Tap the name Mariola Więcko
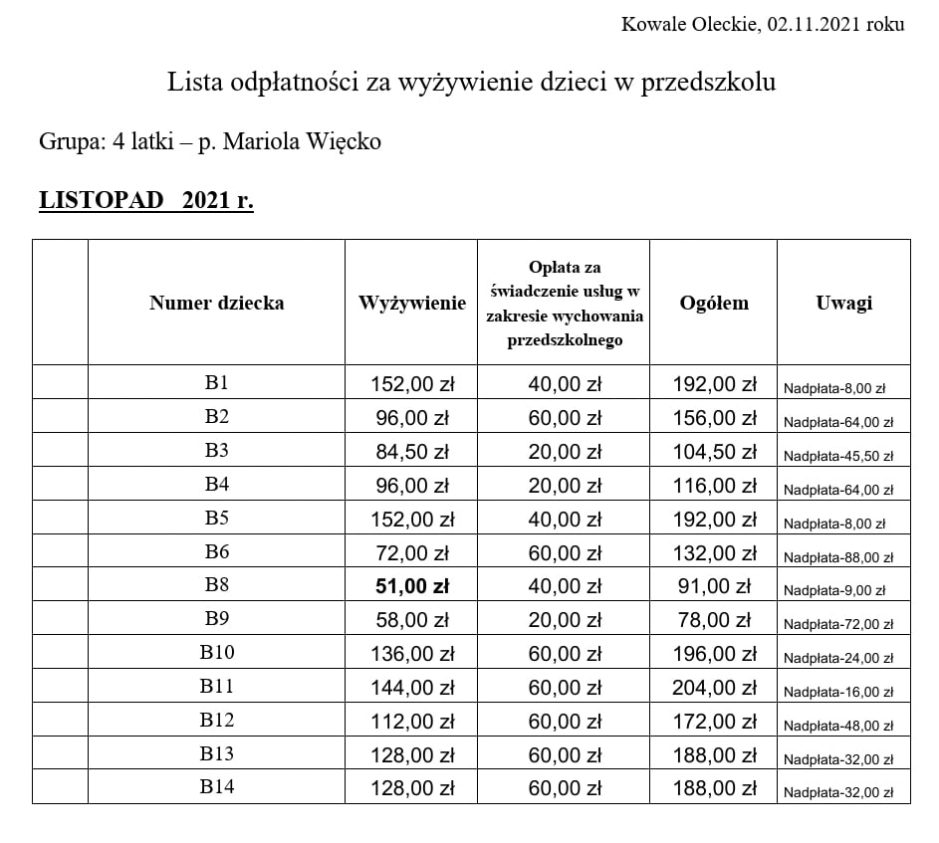click(302, 141)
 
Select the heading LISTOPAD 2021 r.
click(146, 200)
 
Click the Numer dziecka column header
click(216, 303)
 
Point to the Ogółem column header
click(713, 303)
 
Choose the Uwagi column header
click(843, 303)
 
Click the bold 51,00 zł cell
click(412, 587)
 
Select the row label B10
click(216, 653)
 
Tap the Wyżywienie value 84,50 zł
click(412, 452)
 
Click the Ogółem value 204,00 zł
click(713, 688)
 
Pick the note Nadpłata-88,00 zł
click(837, 557)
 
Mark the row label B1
click(216, 383)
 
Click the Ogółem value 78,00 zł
click(713, 621)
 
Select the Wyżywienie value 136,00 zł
click(412, 655)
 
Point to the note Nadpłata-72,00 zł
click(837, 625)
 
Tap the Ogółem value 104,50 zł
click(713, 452)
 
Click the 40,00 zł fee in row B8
click(565, 587)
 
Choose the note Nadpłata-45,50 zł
click(837, 456)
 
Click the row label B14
click(216, 787)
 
